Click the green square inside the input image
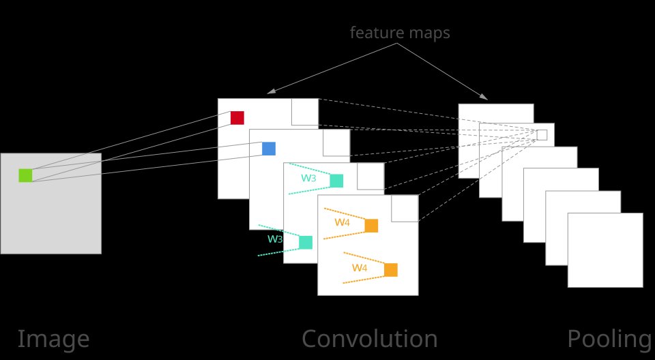(25, 175)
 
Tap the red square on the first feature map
(237, 118)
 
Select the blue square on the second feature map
(269, 149)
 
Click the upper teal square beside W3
(336, 181)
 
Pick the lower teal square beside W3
(306, 242)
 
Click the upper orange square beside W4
(371, 226)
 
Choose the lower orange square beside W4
(391, 270)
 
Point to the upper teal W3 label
(308, 179)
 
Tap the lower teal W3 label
(275, 239)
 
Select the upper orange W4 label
(342, 222)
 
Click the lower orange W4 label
(360, 268)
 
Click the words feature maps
(400, 33)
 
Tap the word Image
(53, 339)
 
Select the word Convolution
(369, 339)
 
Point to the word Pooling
(610, 339)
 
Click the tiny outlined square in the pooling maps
(542, 135)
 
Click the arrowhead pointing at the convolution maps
(270, 91)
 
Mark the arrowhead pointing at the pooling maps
(484, 97)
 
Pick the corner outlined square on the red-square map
(305, 112)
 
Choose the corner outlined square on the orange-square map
(405, 209)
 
